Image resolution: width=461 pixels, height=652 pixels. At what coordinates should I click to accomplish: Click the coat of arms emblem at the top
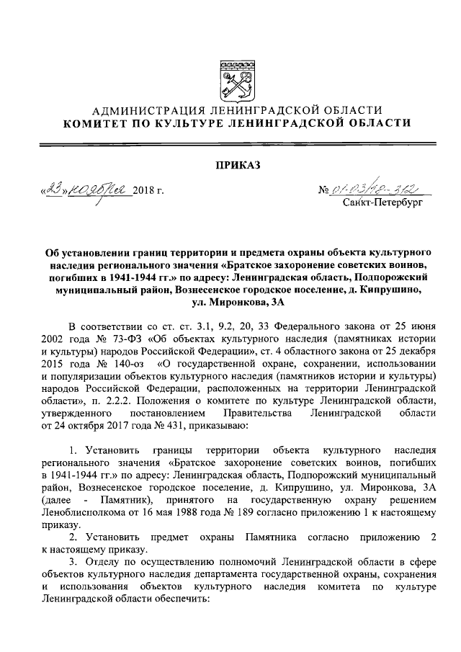237,79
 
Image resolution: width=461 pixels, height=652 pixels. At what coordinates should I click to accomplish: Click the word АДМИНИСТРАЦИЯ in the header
150,110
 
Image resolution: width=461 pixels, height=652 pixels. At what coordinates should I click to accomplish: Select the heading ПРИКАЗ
238,166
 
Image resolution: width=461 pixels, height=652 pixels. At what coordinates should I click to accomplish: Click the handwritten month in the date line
99,190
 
